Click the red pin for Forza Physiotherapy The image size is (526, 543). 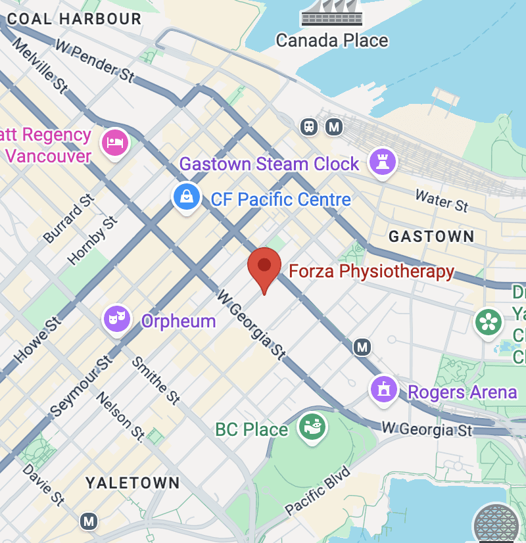point(264,266)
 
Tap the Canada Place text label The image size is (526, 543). point(332,40)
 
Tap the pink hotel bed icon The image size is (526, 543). point(115,142)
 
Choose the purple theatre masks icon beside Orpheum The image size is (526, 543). point(117,319)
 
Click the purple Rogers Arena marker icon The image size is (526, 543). point(384,389)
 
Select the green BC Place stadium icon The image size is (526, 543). point(312,426)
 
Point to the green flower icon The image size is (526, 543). point(489,321)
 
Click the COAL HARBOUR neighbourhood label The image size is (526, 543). point(74,18)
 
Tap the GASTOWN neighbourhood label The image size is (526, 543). point(431,237)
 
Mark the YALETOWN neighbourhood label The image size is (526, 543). point(133,483)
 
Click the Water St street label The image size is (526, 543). point(442,200)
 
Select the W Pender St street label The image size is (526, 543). point(95,62)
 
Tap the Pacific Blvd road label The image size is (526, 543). point(319,490)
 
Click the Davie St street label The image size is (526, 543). point(43,485)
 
